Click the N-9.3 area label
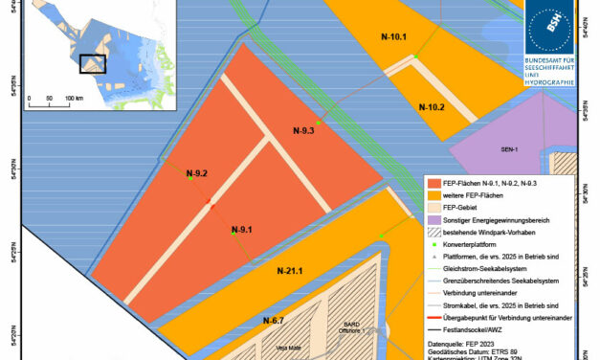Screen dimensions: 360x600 303,130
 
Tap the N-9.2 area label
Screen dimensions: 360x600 196,172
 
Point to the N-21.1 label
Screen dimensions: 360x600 290,271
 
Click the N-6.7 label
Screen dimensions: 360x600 274,319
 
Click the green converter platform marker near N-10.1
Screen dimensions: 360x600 417,56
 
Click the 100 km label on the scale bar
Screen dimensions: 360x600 72,99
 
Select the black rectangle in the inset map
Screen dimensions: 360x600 93,63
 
